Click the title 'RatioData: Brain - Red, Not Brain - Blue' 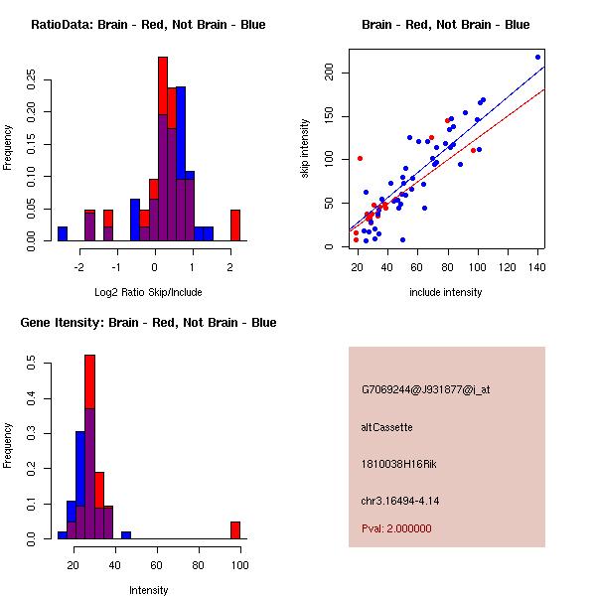[148, 25]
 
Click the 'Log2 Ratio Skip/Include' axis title [148, 293]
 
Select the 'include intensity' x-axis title [446, 293]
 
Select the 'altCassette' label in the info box [386, 427]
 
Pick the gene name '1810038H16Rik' [395, 464]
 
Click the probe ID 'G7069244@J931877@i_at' [425, 389]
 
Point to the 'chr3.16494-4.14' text [399, 500]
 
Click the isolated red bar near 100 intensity [235, 529]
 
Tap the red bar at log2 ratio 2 [235, 224]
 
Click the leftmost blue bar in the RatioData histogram [63, 233]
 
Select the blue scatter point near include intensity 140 [537, 57]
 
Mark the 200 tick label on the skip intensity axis [329, 73]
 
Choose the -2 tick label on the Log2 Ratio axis [80, 267]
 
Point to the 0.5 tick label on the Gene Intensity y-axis [33, 365]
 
